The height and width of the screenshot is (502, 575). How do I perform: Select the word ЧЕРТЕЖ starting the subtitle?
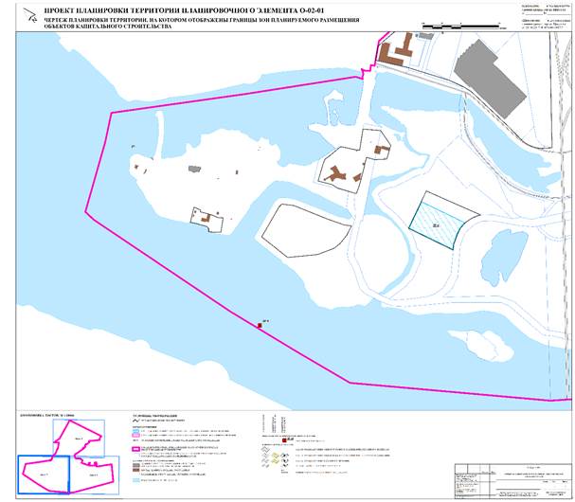click(45, 19)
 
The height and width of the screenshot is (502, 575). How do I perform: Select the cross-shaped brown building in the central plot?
click(337, 172)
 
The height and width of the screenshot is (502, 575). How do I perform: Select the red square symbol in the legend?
click(285, 440)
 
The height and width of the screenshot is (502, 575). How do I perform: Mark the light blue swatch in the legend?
click(136, 481)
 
